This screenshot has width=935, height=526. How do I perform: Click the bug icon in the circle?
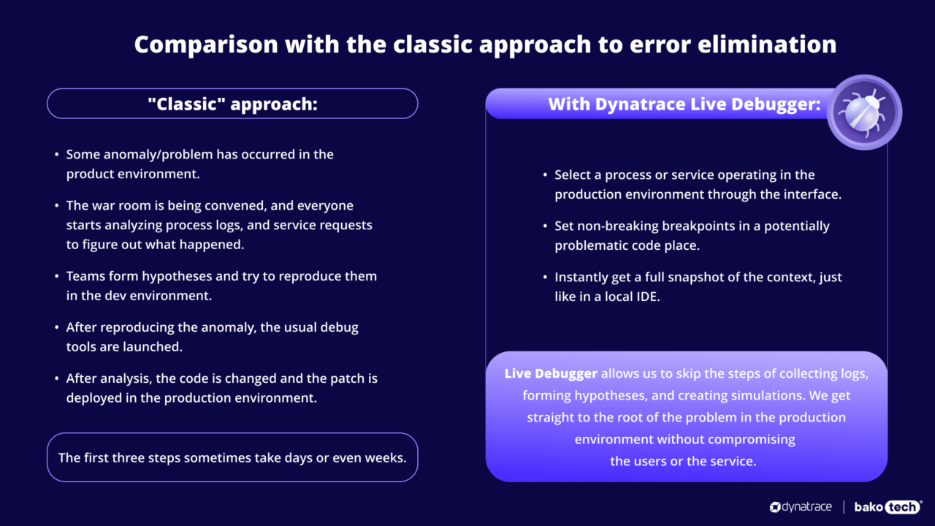[864, 113]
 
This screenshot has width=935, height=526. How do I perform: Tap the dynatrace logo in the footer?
[801, 507]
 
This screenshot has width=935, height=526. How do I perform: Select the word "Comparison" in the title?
[206, 45]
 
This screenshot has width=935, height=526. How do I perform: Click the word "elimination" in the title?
[767, 44]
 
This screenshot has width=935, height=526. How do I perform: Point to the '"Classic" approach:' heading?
[232, 104]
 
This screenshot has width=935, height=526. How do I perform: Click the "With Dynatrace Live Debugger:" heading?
[684, 104]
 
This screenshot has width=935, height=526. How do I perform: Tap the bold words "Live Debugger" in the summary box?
[551, 373]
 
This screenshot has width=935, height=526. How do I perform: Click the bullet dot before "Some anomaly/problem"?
[57, 155]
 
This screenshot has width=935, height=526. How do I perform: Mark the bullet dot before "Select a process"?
[545, 175]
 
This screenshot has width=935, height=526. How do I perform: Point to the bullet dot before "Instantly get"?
[545, 278]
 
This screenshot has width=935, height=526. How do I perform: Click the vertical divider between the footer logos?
[844, 507]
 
